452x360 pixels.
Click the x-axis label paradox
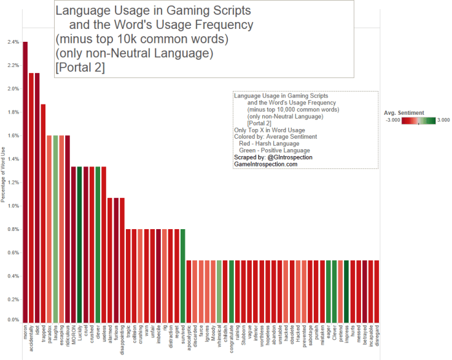(49, 334)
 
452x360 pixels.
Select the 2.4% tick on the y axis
(12, 42)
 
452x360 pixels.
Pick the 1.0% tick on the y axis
(12, 206)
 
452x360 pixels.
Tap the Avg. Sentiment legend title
(403, 113)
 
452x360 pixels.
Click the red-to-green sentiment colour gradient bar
(418, 120)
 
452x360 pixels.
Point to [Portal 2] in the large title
(80, 67)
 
